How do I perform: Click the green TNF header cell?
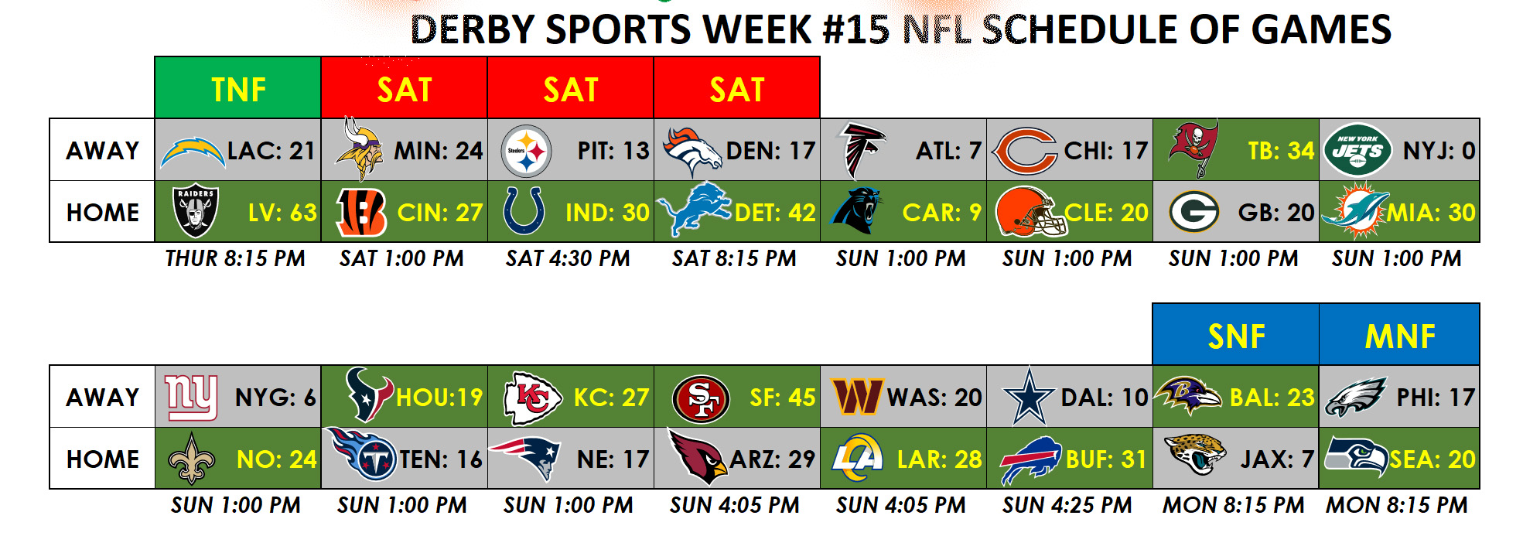(237, 87)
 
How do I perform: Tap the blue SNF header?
(1236, 334)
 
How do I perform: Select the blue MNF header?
(1399, 334)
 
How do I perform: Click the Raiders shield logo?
(196, 211)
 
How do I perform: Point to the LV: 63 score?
(282, 212)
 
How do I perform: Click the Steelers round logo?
(526, 151)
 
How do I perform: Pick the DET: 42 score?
(775, 212)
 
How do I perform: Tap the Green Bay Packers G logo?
(1193, 212)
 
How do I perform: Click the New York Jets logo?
(1357, 150)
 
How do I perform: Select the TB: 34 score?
(1281, 150)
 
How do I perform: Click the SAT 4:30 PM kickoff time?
(568, 258)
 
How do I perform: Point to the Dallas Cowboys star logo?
(1029, 396)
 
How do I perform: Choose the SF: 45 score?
(783, 398)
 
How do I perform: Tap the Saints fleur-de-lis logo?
(192, 459)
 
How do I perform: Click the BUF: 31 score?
(1106, 459)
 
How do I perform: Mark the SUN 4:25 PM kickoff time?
(1067, 505)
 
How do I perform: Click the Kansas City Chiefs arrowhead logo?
(532, 398)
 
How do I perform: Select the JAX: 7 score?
(1277, 459)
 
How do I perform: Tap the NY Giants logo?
(191, 398)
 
